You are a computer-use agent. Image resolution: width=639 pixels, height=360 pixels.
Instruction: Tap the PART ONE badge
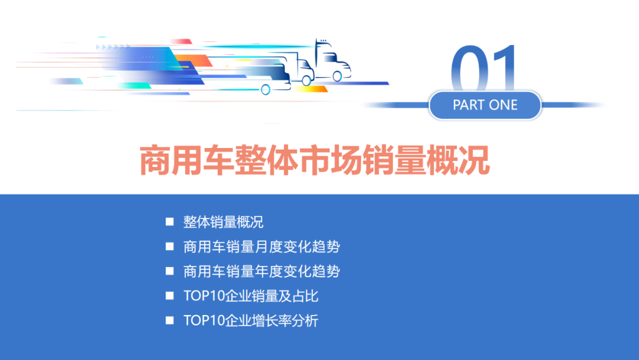[x=485, y=105]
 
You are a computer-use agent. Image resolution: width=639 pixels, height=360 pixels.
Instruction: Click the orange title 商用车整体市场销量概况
[x=315, y=160]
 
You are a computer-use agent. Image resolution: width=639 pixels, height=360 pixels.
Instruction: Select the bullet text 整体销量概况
[x=223, y=223]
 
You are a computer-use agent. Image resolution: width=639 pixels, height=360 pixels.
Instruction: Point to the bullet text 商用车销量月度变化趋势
[x=262, y=247]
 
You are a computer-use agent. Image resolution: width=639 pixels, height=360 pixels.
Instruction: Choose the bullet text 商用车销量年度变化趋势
[x=262, y=272]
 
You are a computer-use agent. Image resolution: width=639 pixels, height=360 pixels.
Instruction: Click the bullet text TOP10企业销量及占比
[x=251, y=296]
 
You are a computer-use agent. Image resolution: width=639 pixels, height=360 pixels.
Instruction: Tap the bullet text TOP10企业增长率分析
[x=251, y=321]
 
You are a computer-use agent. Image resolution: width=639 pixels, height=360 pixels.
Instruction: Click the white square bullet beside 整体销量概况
[x=170, y=222]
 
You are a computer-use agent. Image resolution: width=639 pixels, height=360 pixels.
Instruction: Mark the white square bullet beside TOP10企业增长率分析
[x=170, y=320]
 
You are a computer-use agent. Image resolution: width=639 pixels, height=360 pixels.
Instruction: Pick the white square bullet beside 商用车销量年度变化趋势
[x=170, y=271]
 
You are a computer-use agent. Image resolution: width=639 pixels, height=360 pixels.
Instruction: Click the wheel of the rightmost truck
[x=337, y=76]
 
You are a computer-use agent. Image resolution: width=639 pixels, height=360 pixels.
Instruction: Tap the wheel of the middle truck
[x=306, y=81]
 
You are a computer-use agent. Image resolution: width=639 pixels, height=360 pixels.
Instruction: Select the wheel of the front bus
[x=266, y=89]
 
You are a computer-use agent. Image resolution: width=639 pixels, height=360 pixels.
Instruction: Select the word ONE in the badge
[x=503, y=105]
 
